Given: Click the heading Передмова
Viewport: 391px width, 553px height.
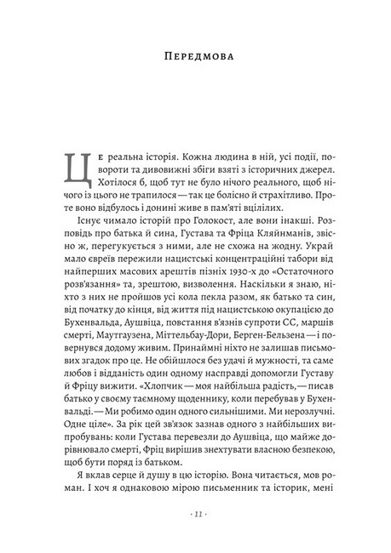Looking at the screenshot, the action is pyautogui.click(x=195, y=58).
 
